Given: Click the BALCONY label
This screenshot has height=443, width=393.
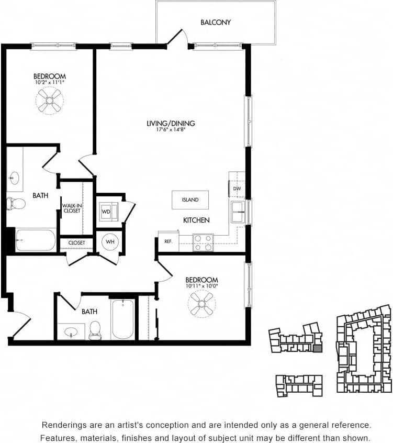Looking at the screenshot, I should pyautogui.click(x=216, y=23).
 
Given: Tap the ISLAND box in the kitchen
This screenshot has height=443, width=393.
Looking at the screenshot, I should pyautogui.click(x=190, y=200).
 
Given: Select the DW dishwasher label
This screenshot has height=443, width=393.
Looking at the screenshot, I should pyautogui.click(x=237, y=189).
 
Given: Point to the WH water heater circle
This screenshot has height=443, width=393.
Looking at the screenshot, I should pyautogui.click(x=110, y=241).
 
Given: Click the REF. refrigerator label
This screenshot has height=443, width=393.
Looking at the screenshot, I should pyautogui.click(x=168, y=241).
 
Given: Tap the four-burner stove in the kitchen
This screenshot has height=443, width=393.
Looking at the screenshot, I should pyautogui.click(x=203, y=242).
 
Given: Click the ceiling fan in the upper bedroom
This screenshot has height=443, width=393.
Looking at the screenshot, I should pyautogui.click(x=50, y=101).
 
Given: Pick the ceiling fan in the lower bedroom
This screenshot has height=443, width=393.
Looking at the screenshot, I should pyautogui.click(x=201, y=304).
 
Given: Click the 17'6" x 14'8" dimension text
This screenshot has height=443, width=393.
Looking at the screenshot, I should pyautogui.click(x=171, y=130).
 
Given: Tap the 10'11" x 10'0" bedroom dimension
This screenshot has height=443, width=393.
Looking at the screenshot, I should pyautogui.click(x=201, y=286).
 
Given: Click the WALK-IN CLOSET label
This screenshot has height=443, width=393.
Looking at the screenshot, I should pyautogui.click(x=71, y=208).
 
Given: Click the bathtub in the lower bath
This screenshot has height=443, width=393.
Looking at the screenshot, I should pyautogui.click(x=123, y=319).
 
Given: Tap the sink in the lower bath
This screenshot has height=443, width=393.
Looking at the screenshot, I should pyautogui.click(x=72, y=331).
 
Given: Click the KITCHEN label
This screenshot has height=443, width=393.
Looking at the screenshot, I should pyautogui.click(x=196, y=220).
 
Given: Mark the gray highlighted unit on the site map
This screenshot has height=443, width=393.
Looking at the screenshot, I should pyautogui.click(x=318, y=348).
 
